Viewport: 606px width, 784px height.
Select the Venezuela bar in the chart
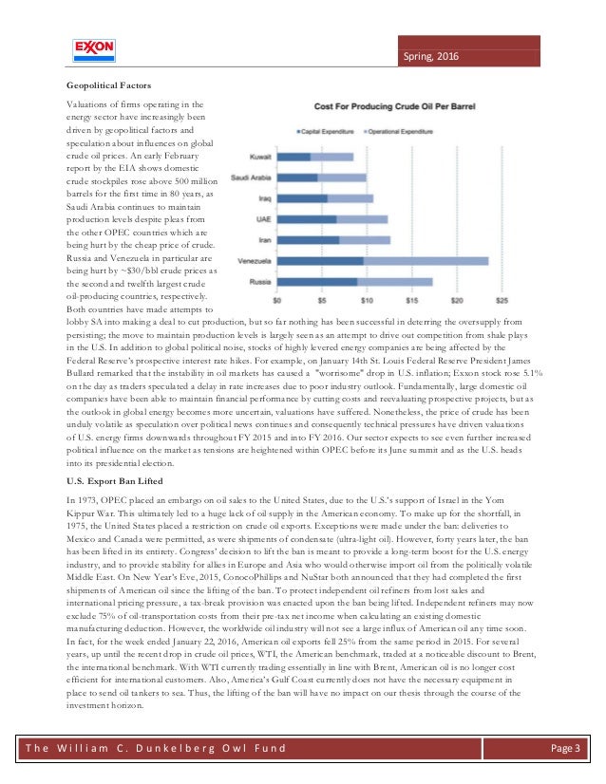click(386, 260)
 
